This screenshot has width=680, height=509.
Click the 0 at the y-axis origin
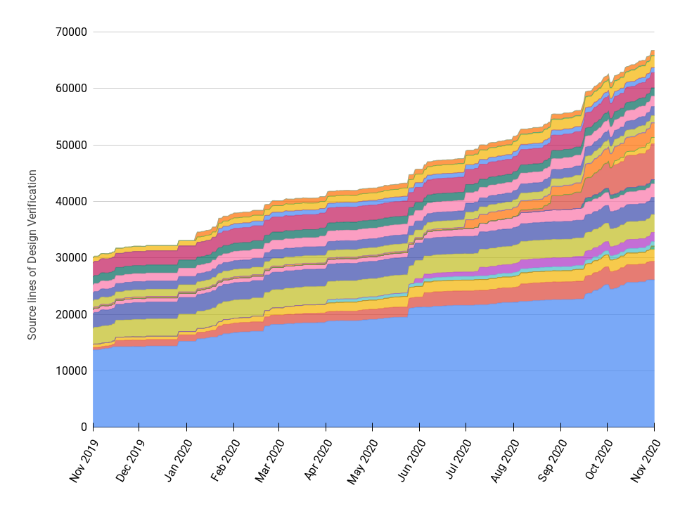click(x=83, y=427)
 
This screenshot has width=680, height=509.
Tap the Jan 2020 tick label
click(x=178, y=461)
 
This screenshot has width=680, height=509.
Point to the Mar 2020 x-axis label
click(x=271, y=461)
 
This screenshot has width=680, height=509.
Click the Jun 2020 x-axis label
click(x=411, y=461)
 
